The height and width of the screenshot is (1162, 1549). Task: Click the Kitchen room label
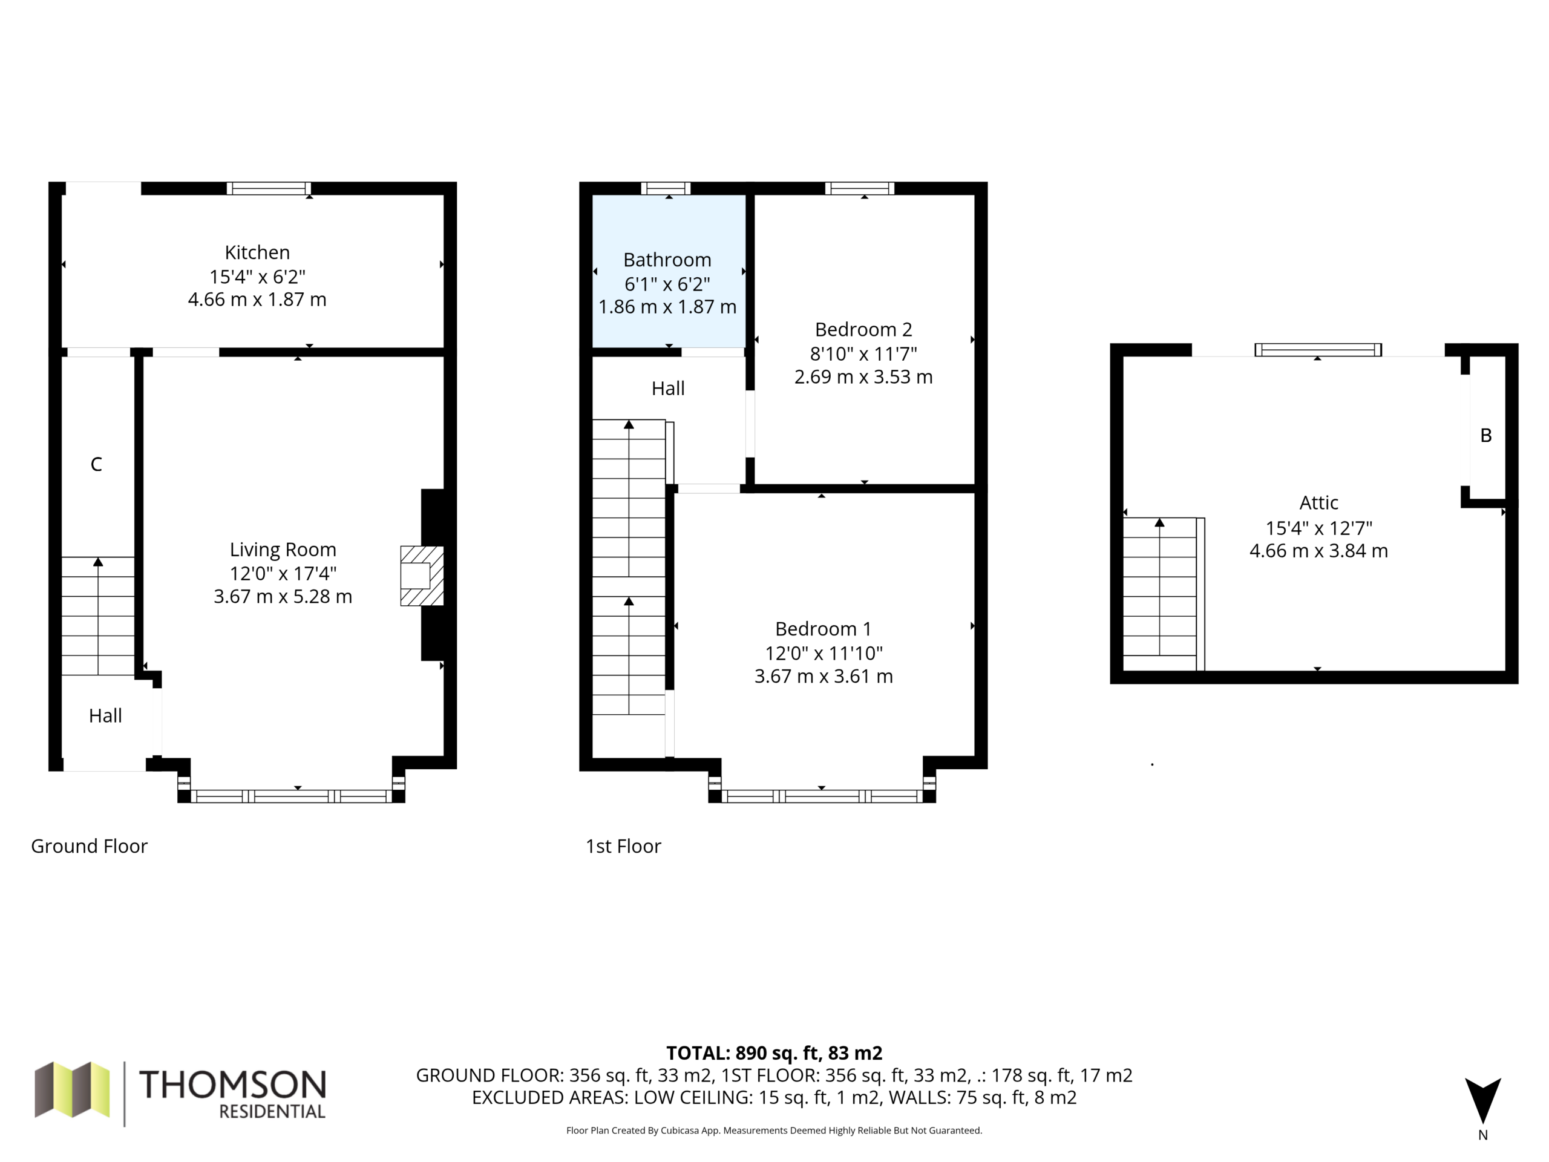[x=257, y=252]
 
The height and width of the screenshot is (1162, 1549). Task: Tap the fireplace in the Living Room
[x=422, y=576]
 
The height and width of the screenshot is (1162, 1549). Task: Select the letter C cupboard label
[x=97, y=464]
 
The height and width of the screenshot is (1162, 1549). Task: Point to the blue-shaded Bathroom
[x=669, y=271]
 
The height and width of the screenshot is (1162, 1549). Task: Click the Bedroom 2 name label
[x=863, y=329]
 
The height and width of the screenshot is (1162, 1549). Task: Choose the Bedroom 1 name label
[x=824, y=629]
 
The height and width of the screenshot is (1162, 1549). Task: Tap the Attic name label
[x=1318, y=503]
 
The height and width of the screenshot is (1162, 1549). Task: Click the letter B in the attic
[x=1486, y=436]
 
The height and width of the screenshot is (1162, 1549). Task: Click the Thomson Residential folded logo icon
[x=72, y=1089]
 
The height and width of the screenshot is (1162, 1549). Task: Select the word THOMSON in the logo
[x=232, y=1085]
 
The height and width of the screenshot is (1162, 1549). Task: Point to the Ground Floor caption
[x=89, y=846]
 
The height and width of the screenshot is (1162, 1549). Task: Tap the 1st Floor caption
[x=623, y=846]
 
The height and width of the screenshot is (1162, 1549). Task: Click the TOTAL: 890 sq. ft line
[x=774, y=1052]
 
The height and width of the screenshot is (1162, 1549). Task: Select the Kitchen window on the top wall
[x=269, y=188]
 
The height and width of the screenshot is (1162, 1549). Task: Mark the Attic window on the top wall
[x=1318, y=350]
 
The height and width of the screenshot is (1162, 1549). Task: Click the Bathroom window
[x=666, y=188]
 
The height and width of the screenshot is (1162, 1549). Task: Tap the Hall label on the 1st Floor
[x=668, y=389]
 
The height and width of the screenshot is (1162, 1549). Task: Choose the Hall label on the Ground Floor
[x=105, y=716]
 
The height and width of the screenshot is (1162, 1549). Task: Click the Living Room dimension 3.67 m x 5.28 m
[x=283, y=597]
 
